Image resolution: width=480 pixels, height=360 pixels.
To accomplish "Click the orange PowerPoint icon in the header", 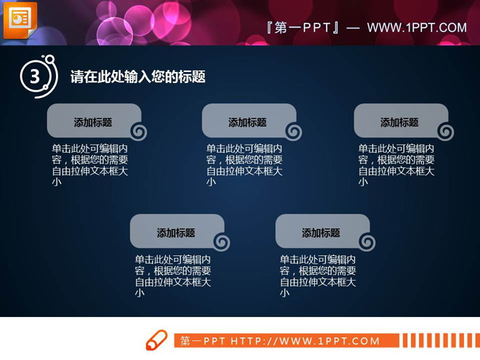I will pyautogui.click(x=20, y=19).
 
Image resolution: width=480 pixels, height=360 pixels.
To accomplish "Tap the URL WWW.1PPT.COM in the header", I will pyautogui.click(x=416, y=28).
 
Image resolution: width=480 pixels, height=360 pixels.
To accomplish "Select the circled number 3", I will pyautogui.click(x=34, y=76).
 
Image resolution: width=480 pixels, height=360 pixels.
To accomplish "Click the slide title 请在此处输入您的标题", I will pyautogui.click(x=137, y=76).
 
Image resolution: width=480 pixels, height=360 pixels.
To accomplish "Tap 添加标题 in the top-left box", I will pyautogui.click(x=92, y=122).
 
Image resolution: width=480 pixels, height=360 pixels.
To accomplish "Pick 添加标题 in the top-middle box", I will pyautogui.click(x=247, y=122).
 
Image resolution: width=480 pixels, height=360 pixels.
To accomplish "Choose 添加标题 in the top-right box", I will pyautogui.click(x=399, y=122).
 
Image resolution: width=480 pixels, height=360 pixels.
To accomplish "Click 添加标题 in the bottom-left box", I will pyautogui.click(x=175, y=233).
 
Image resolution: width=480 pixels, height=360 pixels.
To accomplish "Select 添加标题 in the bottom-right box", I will pyautogui.click(x=321, y=233).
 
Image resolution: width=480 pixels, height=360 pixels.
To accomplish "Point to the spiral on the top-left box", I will pyautogui.click(x=138, y=132).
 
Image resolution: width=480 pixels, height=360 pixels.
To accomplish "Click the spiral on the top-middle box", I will pyautogui.click(x=293, y=132).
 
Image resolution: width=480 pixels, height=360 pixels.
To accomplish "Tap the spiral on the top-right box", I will pyautogui.click(x=445, y=132).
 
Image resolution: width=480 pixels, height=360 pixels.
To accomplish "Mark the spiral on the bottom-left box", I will pyautogui.click(x=221, y=242).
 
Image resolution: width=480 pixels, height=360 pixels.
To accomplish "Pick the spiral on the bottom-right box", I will pyautogui.click(x=367, y=242).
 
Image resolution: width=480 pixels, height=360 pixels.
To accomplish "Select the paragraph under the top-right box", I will pyautogui.click(x=396, y=165).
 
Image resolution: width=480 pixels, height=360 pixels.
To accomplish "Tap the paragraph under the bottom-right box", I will pyautogui.click(x=318, y=276).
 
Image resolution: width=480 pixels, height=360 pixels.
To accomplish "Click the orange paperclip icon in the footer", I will pyautogui.click(x=156, y=340).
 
